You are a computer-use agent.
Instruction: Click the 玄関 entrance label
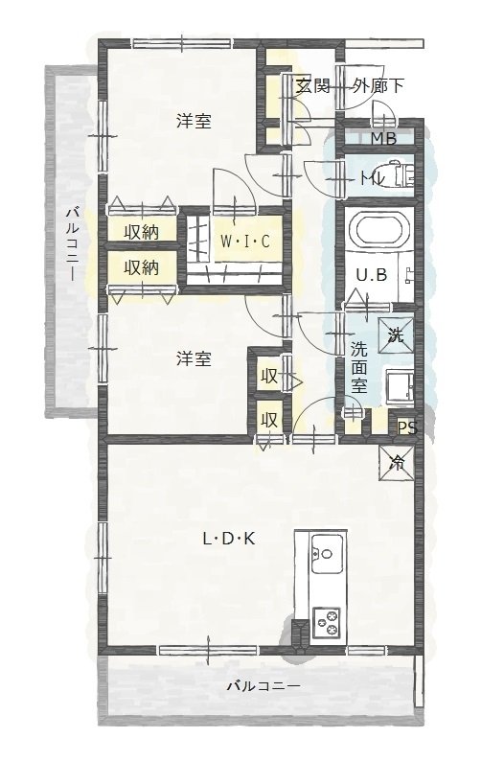pos(312,86)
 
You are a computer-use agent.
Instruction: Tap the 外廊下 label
pos(378,86)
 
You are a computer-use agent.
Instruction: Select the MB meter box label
pos(383,138)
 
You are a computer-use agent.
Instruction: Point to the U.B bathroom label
pos(371,275)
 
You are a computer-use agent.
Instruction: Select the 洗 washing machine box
pos(397,334)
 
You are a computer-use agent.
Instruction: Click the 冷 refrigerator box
pos(397,461)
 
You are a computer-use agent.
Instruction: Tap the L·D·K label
pos(228,539)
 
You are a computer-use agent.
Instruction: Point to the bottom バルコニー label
pos(263,686)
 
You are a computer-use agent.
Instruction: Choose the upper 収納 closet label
pos(141,232)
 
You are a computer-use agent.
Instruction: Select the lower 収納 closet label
pos(141,267)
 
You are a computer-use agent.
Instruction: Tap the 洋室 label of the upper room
pos(194,122)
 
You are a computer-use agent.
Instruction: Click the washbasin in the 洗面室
pos(398,387)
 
